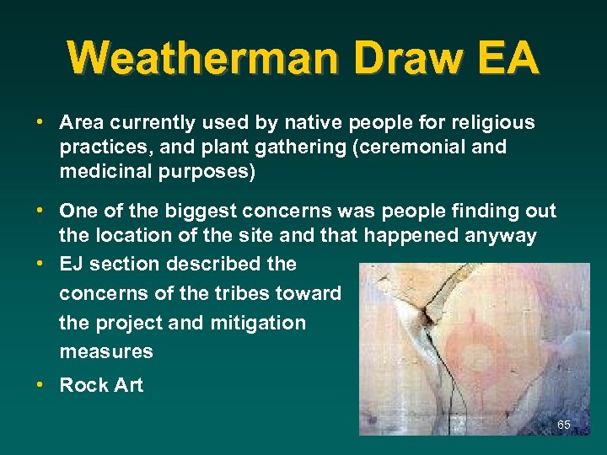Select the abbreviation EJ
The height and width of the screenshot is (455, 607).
72,264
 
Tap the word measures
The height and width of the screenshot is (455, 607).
106,351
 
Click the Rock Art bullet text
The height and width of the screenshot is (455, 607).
101,386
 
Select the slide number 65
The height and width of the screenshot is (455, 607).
564,425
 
